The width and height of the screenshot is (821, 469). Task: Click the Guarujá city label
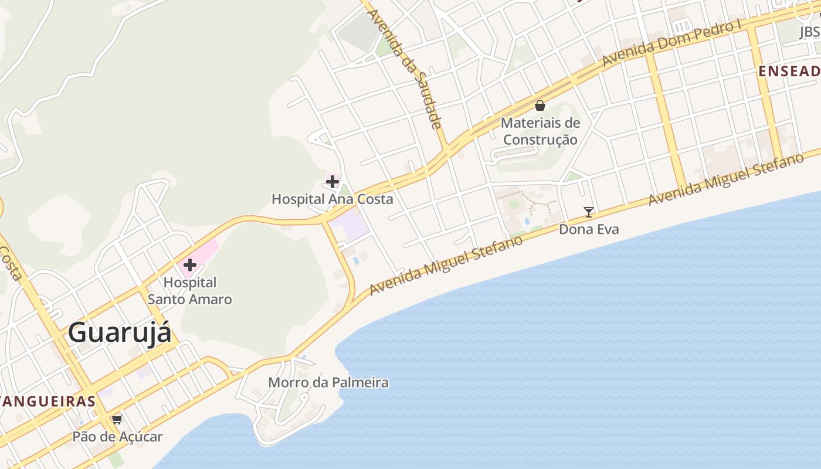[120, 333]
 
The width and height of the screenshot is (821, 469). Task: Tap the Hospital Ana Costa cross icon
[333, 182]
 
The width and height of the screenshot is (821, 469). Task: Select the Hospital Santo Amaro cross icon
[189, 264]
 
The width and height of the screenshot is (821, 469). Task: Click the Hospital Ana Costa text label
[332, 199]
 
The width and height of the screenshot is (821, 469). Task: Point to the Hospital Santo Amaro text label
[189, 291]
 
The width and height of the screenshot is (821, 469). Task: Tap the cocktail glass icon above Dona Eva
[589, 212]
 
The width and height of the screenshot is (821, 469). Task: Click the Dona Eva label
[589, 229]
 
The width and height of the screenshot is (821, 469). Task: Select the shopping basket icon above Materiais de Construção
[540, 106]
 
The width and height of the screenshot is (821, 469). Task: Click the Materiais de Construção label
[540, 131]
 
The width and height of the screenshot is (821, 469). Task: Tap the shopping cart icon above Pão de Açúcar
[117, 419]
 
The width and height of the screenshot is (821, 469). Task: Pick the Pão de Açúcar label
[117, 437]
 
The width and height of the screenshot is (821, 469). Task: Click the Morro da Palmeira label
[328, 383]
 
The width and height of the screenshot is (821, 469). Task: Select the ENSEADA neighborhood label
[789, 72]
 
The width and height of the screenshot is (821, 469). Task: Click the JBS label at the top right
[809, 32]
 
